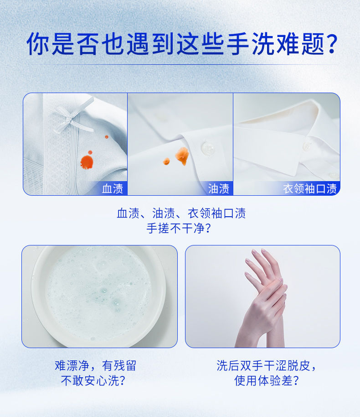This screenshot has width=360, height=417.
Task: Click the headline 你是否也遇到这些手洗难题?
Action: pos(182,44)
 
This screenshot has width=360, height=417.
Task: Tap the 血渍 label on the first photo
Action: pos(113,188)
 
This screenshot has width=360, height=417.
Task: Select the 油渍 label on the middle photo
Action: pos(218,188)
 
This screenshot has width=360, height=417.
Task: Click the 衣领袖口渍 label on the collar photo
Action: pos(310,188)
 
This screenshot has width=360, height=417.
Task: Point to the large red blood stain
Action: pos(87,162)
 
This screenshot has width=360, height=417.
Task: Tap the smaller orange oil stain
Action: pos(166,161)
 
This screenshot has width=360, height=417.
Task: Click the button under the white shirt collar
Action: pos(308,146)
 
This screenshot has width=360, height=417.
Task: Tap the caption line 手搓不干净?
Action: pos(179,228)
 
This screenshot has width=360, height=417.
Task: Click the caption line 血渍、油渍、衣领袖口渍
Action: pos(181,213)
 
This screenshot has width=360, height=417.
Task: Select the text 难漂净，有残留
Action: pos(95,365)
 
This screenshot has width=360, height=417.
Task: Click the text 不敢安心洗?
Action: pos(93,381)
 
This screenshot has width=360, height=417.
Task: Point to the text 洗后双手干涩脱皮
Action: pos(263,365)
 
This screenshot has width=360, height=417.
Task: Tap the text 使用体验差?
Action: pos(267,381)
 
